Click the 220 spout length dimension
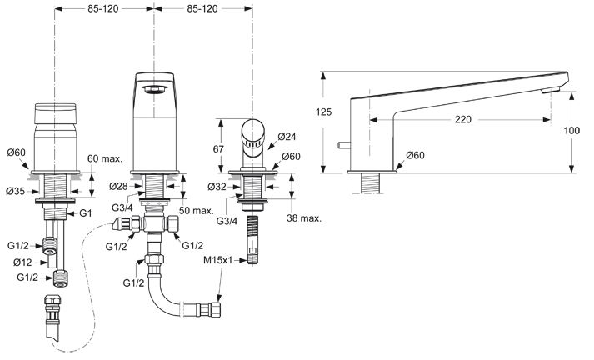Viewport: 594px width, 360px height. point(463,120)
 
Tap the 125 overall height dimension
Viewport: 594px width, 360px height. point(323,112)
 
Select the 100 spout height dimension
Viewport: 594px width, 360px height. point(572,131)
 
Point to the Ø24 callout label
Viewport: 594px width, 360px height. point(287,137)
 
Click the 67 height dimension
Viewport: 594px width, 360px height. point(218,149)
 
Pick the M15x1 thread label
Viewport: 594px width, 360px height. point(218,260)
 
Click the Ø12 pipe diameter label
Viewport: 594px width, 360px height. point(22,262)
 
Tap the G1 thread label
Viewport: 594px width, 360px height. point(86,213)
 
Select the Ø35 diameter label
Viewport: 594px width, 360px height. point(16,192)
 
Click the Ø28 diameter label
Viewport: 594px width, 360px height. point(118,186)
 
